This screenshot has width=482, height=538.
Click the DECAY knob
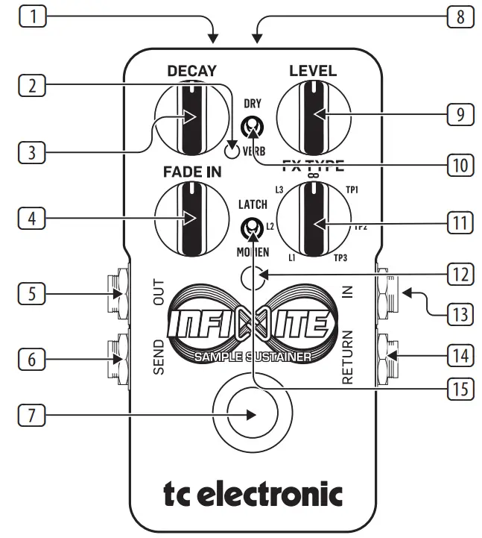[x=191, y=118]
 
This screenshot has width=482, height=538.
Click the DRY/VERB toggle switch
[x=253, y=126]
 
